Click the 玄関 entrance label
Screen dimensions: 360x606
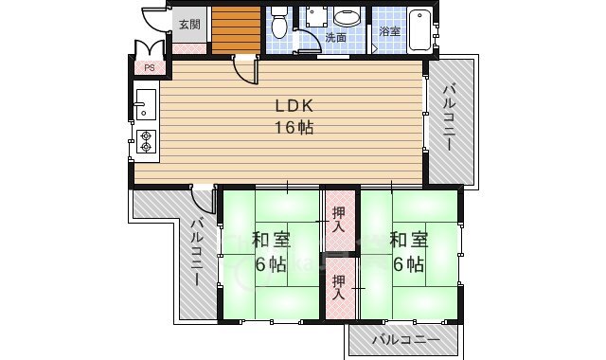pos(188,25)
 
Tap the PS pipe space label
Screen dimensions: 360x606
pos(149,67)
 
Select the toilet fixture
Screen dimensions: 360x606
pos(278,21)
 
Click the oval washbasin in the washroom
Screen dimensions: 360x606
pos(347,17)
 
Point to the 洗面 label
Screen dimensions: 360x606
pos(336,38)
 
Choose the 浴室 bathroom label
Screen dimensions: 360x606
pos(389,31)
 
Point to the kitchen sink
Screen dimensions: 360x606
pos(145,101)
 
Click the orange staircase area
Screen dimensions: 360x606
pos(236,29)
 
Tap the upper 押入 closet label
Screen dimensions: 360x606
pos(337,218)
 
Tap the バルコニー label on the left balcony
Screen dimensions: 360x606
pos(196,253)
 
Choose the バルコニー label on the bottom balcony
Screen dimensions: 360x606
pos(405,340)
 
